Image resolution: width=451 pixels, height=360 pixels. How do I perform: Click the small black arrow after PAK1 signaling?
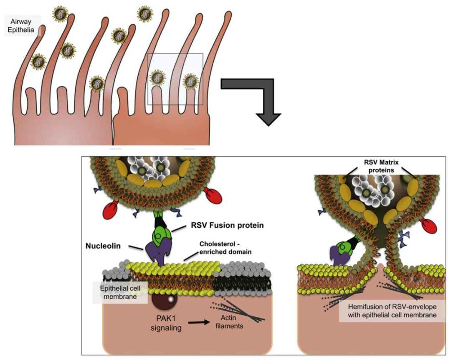pyautogui.click(x=198, y=322)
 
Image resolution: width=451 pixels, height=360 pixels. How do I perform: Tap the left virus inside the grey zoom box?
pyautogui.click(x=157, y=78)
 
